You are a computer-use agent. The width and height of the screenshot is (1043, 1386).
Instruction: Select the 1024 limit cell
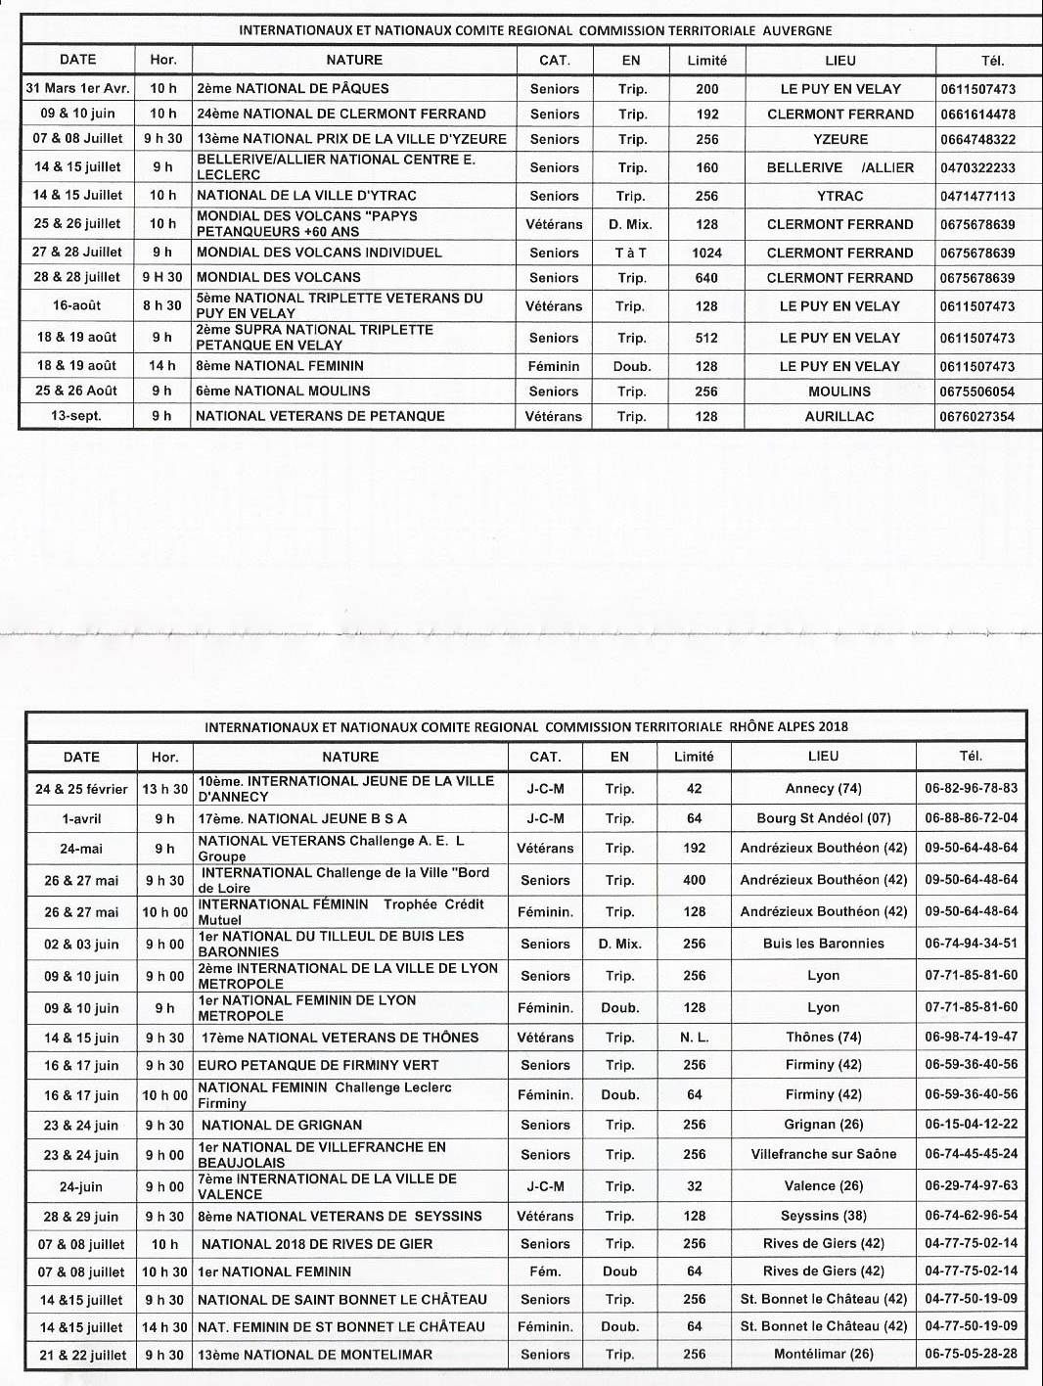point(706,253)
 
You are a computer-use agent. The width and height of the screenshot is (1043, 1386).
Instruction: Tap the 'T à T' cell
point(631,253)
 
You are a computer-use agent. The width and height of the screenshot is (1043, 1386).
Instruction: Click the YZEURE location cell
point(840,139)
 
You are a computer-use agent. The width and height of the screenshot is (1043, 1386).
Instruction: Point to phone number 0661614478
point(977,114)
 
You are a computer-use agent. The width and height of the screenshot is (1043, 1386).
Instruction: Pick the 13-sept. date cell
point(76,416)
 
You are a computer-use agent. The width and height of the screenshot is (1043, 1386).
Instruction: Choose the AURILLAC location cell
point(839,416)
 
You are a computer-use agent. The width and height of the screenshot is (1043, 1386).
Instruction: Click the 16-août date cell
point(76,305)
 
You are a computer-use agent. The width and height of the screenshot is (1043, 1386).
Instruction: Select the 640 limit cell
point(706,278)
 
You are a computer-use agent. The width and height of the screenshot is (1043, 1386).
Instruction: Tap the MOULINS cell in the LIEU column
point(839,391)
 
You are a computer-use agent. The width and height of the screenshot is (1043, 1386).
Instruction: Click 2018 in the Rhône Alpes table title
point(834,726)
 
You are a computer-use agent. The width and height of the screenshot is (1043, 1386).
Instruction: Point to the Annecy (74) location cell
point(823,788)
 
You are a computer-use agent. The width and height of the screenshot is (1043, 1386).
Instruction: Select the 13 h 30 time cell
point(165,789)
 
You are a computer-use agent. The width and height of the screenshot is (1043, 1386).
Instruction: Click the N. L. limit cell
point(694,1038)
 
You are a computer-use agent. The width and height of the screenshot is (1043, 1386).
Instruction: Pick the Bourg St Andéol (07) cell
point(823,818)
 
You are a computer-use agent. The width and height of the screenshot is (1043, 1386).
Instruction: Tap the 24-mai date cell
point(81,849)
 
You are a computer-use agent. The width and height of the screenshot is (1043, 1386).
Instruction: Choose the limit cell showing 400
point(694,880)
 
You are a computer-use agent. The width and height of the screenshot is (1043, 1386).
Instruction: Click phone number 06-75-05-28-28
point(971,1355)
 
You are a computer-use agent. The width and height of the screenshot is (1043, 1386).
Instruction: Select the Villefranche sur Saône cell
point(823,1154)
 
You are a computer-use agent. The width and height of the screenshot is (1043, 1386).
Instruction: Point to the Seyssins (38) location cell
point(823,1216)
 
